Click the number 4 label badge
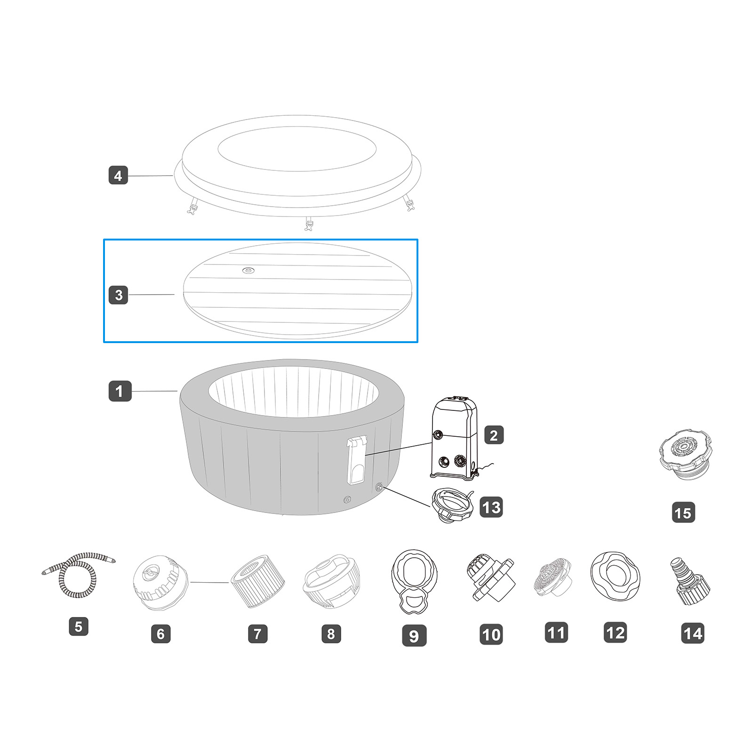pos(118,176)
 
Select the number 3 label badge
pos(118,295)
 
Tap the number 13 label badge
pos(491,507)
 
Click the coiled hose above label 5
pos(79,575)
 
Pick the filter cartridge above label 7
pos(257,582)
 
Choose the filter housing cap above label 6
pos(160,583)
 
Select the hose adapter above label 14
pos(689,582)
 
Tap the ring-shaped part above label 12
pos(615,576)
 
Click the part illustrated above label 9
pos(414,581)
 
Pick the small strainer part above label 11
pos(553,577)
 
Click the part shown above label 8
pos(331,582)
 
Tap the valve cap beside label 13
pos(452,505)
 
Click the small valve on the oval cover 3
pos(248,270)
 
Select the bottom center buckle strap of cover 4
pos(309,224)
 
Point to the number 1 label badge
pos(120,391)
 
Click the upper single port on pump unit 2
pos(439,434)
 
